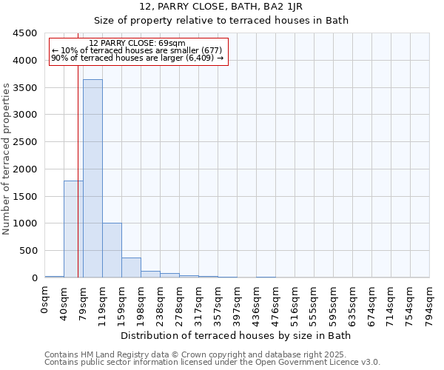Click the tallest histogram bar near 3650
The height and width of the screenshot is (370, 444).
pyautogui.click(x=92, y=178)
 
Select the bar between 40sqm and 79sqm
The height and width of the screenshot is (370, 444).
pyautogui.click(x=73, y=229)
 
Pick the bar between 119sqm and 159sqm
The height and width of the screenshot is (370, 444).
pyautogui.click(x=112, y=250)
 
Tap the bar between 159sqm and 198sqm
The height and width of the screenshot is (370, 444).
pyautogui.click(x=131, y=267)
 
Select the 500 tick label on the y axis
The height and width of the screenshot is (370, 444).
pyautogui.click(x=29, y=251)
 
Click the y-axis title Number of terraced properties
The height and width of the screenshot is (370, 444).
pyautogui.click(x=7, y=159)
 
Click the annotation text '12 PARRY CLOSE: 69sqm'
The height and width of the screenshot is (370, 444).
pyautogui.click(x=138, y=44)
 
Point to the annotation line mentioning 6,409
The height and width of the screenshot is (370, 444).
pyautogui.click(x=138, y=58)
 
